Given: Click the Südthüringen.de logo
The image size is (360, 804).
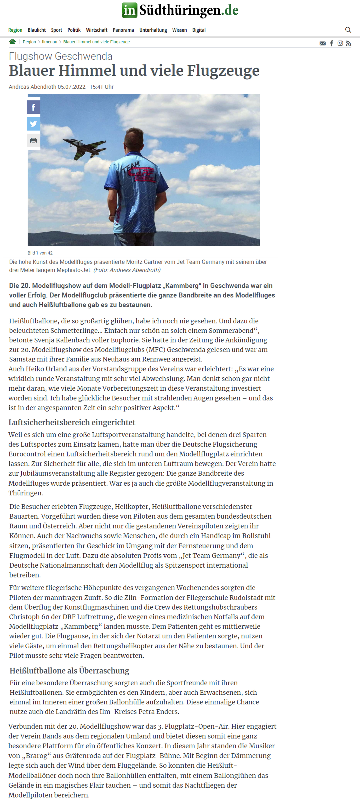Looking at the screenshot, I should click(180, 10).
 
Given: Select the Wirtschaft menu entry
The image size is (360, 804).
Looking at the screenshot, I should click(97, 30).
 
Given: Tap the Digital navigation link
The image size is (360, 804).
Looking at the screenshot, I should click(199, 30).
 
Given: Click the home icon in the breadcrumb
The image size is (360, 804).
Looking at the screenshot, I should click(12, 42).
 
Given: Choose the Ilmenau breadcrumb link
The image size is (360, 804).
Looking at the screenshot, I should click(50, 42).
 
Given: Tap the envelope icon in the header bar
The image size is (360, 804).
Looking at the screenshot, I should click(323, 43).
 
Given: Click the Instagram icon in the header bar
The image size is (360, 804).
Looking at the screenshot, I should click(340, 43).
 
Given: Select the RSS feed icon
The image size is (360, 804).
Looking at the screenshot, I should click(349, 43).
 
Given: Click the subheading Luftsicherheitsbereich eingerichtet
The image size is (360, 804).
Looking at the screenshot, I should click(72, 422).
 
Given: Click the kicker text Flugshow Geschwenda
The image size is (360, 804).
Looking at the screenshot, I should click(61, 56).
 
